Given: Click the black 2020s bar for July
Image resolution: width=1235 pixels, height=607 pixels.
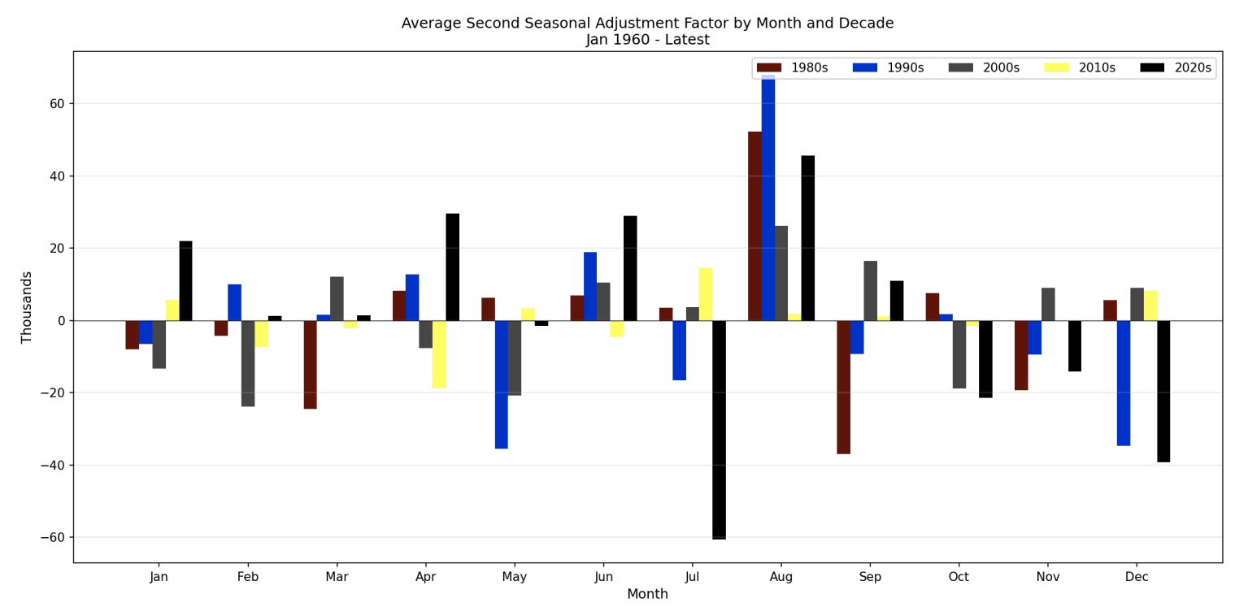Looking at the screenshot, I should [719, 429].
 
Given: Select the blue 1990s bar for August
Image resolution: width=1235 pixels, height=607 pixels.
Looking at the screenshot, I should [768, 198].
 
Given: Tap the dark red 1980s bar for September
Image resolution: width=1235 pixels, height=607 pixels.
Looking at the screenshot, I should [843, 387].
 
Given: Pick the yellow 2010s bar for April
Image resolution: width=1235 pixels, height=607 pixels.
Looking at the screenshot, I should [439, 353].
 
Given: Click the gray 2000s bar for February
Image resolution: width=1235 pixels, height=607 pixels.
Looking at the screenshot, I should [248, 363].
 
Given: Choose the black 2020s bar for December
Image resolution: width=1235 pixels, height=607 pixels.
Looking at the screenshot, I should [1163, 391].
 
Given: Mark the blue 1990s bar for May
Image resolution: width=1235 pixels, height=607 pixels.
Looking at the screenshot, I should [501, 384].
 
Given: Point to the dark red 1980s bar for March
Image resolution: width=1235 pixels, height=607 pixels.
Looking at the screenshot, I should [310, 364].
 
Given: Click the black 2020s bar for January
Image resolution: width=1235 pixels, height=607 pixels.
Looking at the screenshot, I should [185, 280].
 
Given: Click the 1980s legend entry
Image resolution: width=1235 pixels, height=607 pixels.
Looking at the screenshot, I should [793, 68].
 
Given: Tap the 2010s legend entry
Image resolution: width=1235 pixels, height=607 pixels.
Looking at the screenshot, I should [1081, 68].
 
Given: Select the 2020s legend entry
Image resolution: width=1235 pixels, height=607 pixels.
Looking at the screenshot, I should [1176, 68].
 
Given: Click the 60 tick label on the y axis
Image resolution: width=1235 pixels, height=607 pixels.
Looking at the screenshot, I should [57, 104].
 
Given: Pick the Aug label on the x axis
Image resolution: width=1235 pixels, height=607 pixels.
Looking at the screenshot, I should [781, 577].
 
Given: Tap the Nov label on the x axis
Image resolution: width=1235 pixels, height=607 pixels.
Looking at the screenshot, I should [1047, 577].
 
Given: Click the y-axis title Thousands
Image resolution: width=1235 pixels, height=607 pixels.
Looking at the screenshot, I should [27, 307].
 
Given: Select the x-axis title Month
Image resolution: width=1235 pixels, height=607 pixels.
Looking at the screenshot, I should [647, 595].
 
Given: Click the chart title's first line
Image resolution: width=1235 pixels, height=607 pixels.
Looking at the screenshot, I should [647, 24].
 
